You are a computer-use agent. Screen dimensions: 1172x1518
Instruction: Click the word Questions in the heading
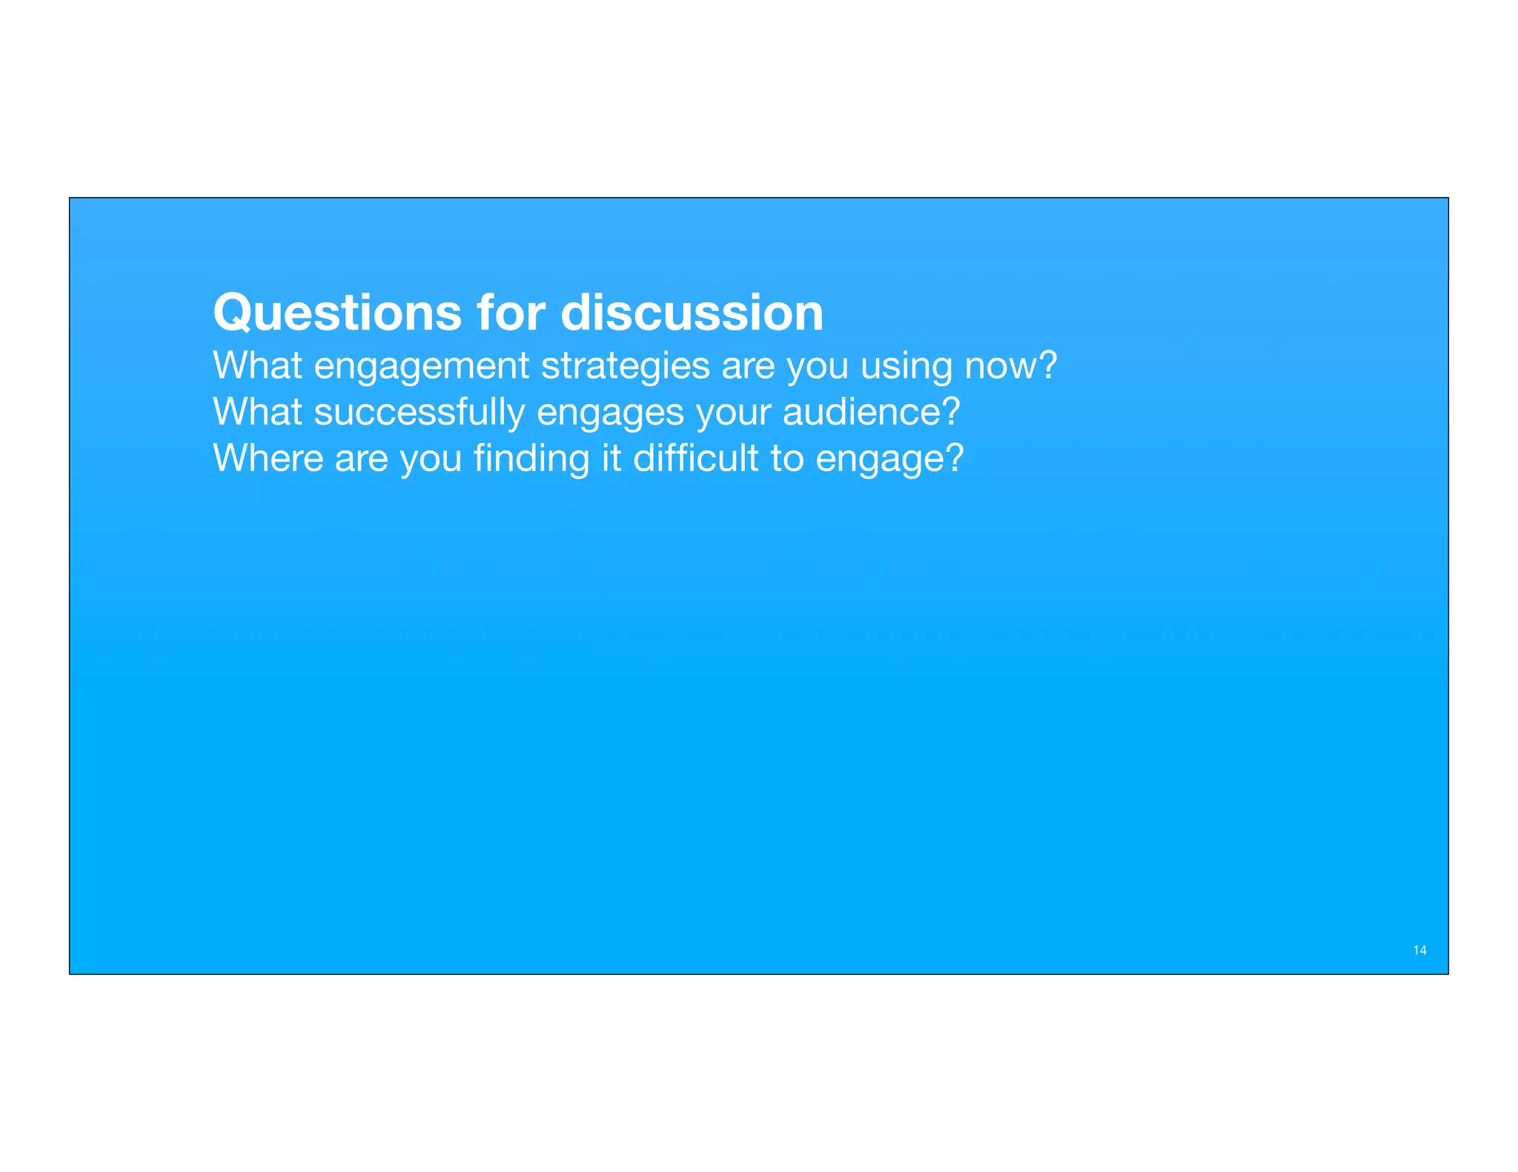click(x=337, y=313)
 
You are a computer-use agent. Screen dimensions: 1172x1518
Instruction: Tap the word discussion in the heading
click(x=692, y=313)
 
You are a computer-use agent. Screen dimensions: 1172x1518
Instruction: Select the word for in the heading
click(x=511, y=313)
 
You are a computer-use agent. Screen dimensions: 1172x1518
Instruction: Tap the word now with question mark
click(x=1010, y=367)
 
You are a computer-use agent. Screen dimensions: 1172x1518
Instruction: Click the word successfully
click(x=419, y=413)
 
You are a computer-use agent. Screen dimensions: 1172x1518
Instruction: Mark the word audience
click(x=871, y=413)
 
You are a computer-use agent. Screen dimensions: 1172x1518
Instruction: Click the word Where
click(x=268, y=459)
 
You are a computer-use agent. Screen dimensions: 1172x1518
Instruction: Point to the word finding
click(x=531, y=459)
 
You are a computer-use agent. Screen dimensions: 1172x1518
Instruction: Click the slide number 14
click(x=1419, y=950)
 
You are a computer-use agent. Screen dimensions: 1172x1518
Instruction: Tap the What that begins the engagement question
click(x=257, y=367)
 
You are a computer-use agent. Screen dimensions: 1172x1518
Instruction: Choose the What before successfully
click(x=257, y=413)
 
